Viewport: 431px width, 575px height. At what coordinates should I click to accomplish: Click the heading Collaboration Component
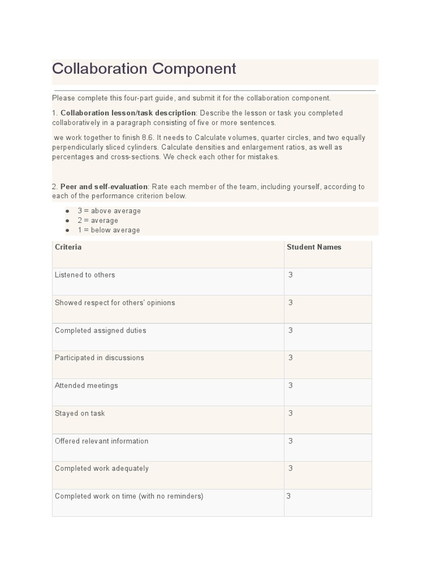pos(144,69)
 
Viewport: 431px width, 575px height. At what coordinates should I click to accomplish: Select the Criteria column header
pos(68,247)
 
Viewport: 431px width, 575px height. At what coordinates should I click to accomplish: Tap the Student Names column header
pos(314,247)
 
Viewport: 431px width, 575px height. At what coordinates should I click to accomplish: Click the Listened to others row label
pos(85,275)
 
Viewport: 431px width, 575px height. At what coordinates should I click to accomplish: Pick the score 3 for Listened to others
pos(291,275)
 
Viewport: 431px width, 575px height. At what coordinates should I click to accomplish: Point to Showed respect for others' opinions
pos(115,303)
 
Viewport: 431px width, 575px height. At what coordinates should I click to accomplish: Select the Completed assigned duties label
pos(100,330)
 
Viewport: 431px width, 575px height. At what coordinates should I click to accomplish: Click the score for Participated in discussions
pos(291,358)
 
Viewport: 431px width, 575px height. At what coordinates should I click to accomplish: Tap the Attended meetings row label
pos(86,385)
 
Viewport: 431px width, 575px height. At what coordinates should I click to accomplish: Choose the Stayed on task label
pos(80,413)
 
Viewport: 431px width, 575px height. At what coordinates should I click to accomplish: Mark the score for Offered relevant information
pos(291,441)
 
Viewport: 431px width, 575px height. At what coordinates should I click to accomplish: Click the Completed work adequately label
pos(102,468)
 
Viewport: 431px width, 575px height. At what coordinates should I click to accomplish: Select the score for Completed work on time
pos(288,496)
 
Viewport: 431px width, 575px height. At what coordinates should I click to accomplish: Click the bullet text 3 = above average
pos(109,211)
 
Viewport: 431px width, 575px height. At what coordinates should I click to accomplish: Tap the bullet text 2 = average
pos(98,221)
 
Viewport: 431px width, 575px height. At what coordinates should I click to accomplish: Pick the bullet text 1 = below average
pos(109,230)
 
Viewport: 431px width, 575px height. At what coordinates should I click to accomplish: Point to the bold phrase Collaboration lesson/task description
pos(128,113)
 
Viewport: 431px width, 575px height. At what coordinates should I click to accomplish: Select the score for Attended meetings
pos(291,385)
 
